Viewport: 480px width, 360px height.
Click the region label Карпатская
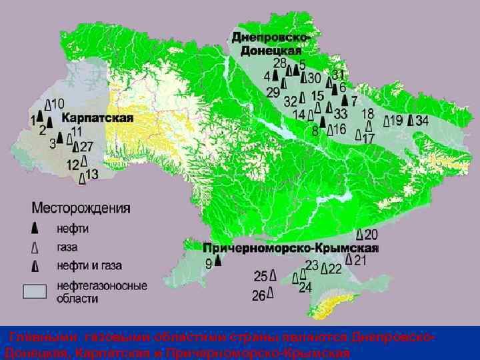pyautogui.click(x=99, y=118)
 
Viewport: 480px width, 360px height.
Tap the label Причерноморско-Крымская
pyautogui.click(x=291, y=247)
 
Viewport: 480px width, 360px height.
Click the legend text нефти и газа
pyautogui.click(x=89, y=266)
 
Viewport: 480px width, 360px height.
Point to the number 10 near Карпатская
pyautogui.click(x=58, y=104)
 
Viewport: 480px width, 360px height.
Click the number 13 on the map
pyautogui.click(x=92, y=175)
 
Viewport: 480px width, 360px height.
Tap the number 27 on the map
pyautogui.click(x=87, y=147)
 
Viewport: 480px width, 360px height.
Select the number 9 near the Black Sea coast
pyautogui.click(x=209, y=263)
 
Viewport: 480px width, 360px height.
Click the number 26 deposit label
pyautogui.click(x=259, y=295)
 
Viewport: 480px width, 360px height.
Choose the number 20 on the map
pyautogui.click(x=371, y=234)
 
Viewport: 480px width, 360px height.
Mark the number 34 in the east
pyautogui.click(x=421, y=121)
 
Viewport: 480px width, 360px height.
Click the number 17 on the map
pyautogui.click(x=368, y=139)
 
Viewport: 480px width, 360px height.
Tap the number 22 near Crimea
pyautogui.click(x=335, y=268)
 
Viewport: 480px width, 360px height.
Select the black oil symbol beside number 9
pyautogui.click(x=218, y=262)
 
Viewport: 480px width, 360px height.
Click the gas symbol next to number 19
pyautogui.click(x=386, y=121)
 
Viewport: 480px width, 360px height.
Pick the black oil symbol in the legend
pyautogui.click(x=35, y=228)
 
